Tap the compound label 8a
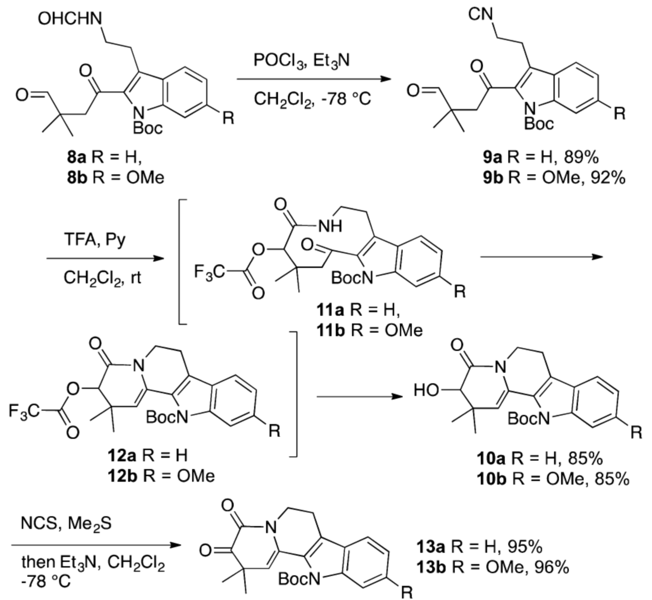73,158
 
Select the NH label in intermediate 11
330,226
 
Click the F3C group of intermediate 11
210,272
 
